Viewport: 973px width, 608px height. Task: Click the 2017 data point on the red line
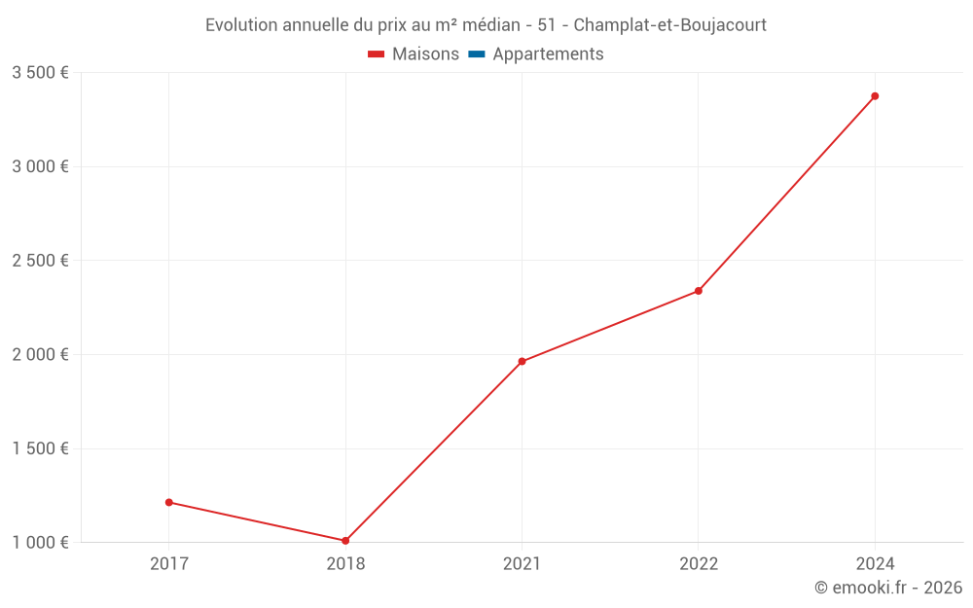[169, 502]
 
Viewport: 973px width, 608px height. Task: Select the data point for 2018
[345, 541]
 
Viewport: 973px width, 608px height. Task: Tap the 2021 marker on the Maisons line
[522, 362]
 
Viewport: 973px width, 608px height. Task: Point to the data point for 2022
[699, 291]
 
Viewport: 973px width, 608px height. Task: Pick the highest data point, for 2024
[875, 96]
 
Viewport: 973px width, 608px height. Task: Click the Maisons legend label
[425, 54]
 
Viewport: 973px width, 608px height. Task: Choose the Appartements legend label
[548, 54]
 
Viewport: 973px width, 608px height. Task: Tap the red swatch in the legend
[377, 54]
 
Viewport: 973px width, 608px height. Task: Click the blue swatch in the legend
[477, 54]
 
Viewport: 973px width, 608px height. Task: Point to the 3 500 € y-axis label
[40, 73]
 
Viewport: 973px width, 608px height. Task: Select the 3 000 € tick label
[40, 166]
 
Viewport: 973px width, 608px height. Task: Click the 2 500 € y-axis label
[40, 261]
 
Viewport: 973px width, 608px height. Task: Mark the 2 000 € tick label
[40, 354]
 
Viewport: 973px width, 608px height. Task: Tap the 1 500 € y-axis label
[40, 448]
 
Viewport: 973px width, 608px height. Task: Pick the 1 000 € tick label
[40, 542]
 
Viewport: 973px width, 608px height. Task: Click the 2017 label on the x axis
[169, 563]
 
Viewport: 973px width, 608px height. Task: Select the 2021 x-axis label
[522, 563]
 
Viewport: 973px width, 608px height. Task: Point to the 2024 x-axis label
[875, 563]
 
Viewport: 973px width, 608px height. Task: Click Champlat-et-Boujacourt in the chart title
[670, 24]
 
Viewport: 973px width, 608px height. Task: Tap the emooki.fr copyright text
[888, 588]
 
